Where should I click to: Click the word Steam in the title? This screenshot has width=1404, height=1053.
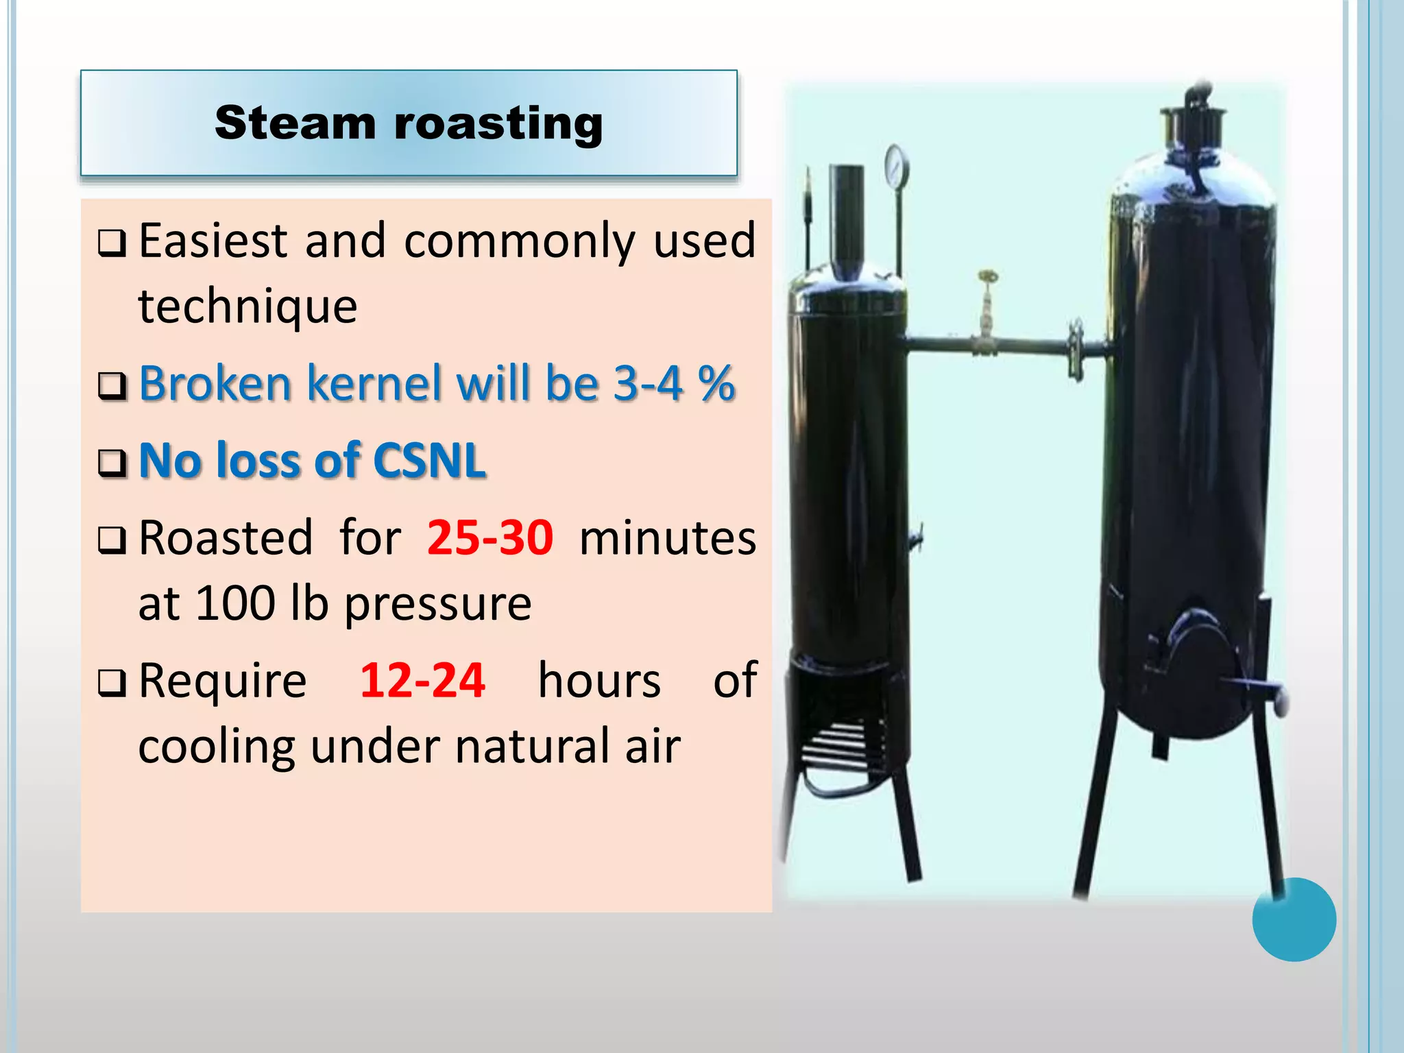[295, 123]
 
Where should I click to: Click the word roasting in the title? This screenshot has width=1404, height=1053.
[498, 125]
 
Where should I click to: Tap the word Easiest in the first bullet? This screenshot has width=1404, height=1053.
[213, 241]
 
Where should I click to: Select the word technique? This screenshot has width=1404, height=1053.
[247, 306]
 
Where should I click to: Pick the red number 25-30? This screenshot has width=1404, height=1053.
[489, 537]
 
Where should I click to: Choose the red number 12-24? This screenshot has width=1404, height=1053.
[422, 681]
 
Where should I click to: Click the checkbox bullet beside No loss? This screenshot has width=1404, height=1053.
[112, 463]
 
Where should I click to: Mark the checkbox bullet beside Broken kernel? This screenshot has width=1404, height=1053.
[112, 385]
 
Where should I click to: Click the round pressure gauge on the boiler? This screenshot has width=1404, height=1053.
[897, 165]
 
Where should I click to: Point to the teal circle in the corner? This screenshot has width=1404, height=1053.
[1294, 919]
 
